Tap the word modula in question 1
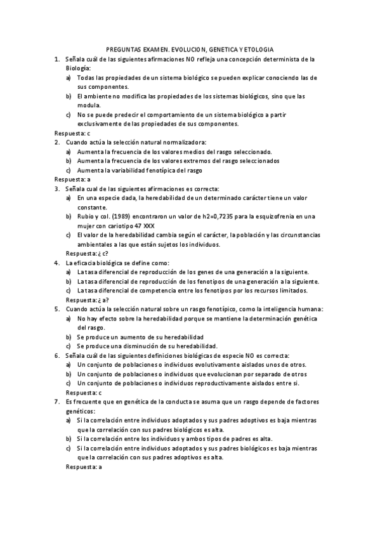[x=88, y=105]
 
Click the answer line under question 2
[x=72, y=180]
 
